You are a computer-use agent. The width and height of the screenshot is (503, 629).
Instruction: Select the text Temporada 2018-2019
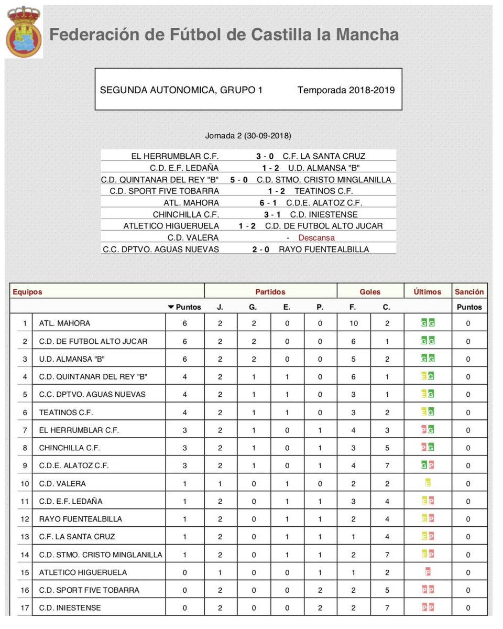click(346, 90)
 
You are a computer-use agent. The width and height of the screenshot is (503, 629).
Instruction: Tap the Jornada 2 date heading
click(248, 136)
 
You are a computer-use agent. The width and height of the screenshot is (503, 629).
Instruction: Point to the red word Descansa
click(316, 237)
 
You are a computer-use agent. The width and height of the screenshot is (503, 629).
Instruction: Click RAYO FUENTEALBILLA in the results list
click(324, 250)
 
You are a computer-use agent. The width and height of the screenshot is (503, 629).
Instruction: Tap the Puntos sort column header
click(184, 307)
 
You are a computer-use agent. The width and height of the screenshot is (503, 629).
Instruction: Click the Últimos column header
click(427, 292)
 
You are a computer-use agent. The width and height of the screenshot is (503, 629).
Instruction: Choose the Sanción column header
click(469, 292)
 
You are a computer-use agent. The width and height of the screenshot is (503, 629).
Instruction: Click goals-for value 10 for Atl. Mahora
click(354, 323)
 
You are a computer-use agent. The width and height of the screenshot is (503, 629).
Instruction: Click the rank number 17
click(24, 608)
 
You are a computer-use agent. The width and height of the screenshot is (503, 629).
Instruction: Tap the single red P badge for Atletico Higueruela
click(428, 572)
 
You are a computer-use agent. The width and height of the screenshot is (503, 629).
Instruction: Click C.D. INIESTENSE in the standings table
click(70, 608)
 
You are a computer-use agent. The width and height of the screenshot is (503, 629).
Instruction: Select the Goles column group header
click(370, 292)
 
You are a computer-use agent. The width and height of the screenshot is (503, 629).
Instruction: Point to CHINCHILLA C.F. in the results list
click(185, 214)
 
